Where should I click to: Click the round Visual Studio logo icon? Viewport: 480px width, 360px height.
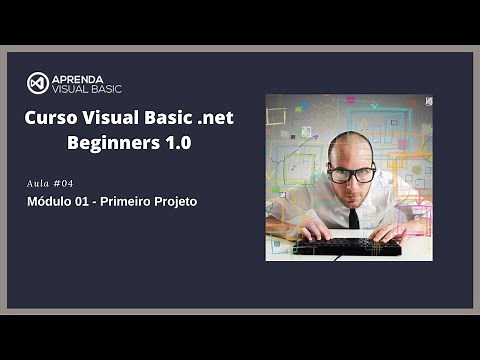pyautogui.click(x=38, y=83)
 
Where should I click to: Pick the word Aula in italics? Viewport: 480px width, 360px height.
pyautogui.click(x=41, y=184)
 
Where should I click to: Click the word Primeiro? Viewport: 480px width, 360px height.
pyautogui.click(x=128, y=202)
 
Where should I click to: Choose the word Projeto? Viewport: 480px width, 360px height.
pyautogui.click(x=177, y=202)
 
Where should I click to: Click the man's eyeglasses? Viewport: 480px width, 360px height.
pyautogui.click(x=351, y=174)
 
